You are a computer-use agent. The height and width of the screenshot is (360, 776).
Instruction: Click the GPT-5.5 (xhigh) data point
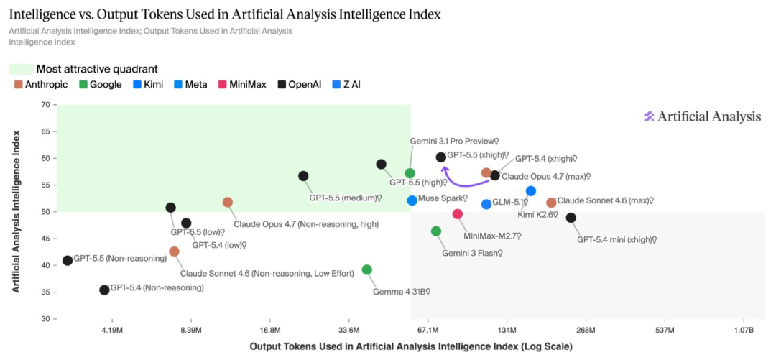pyautogui.click(x=440, y=157)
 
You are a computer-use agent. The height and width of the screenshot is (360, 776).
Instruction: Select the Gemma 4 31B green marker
pyautogui.click(x=367, y=270)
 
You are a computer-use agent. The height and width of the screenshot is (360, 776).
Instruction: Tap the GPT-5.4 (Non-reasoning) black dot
pyautogui.click(x=104, y=290)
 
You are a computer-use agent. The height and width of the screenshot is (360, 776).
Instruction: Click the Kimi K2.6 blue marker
pyautogui.click(x=531, y=191)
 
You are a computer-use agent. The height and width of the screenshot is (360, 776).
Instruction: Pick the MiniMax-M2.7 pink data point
pyautogui.click(x=458, y=214)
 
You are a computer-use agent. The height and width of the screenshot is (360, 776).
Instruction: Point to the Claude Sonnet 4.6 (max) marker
pyautogui.click(x=551, y=203)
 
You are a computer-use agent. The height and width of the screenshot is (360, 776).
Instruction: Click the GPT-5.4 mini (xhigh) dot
pyautogui.click(x=571, y=218)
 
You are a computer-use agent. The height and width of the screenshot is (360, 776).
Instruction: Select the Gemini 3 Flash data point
pyautogui.click(x=436, y=231)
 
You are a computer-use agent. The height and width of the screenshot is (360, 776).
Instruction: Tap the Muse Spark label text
pyautogui.click(x=443, y=199)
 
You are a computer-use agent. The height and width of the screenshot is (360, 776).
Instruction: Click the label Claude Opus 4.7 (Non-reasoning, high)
pyautogui.click(x=306, y=224)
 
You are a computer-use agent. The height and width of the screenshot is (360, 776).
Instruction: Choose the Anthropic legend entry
pyautogui.click(x=41, y=85)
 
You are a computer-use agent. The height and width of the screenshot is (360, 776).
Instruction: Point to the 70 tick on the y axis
pyautogui.click(x=45, y=105)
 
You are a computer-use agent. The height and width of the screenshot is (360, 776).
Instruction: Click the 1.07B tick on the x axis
pyautogui.click(x=743, y=331)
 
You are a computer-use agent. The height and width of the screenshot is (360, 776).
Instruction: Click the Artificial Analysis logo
pyautogui.click(x=702, y=116)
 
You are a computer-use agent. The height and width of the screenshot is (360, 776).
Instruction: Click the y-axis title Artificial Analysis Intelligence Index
pyautogui.click(x=16, y=211)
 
